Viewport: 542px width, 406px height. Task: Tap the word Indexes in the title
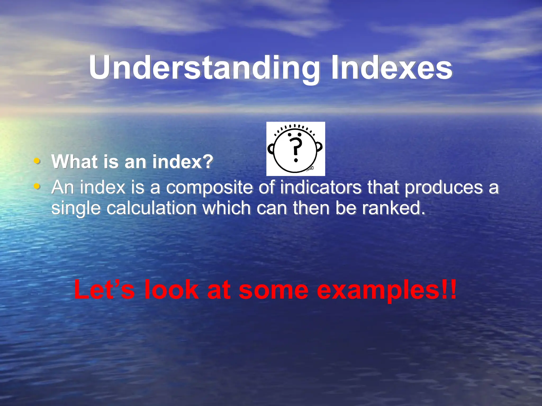pos(392,67)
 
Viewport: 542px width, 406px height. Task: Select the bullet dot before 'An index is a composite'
pos(37,186)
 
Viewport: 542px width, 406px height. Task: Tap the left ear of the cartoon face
pos(271,149)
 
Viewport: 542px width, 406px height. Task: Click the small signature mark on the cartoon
pos(310,168)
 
